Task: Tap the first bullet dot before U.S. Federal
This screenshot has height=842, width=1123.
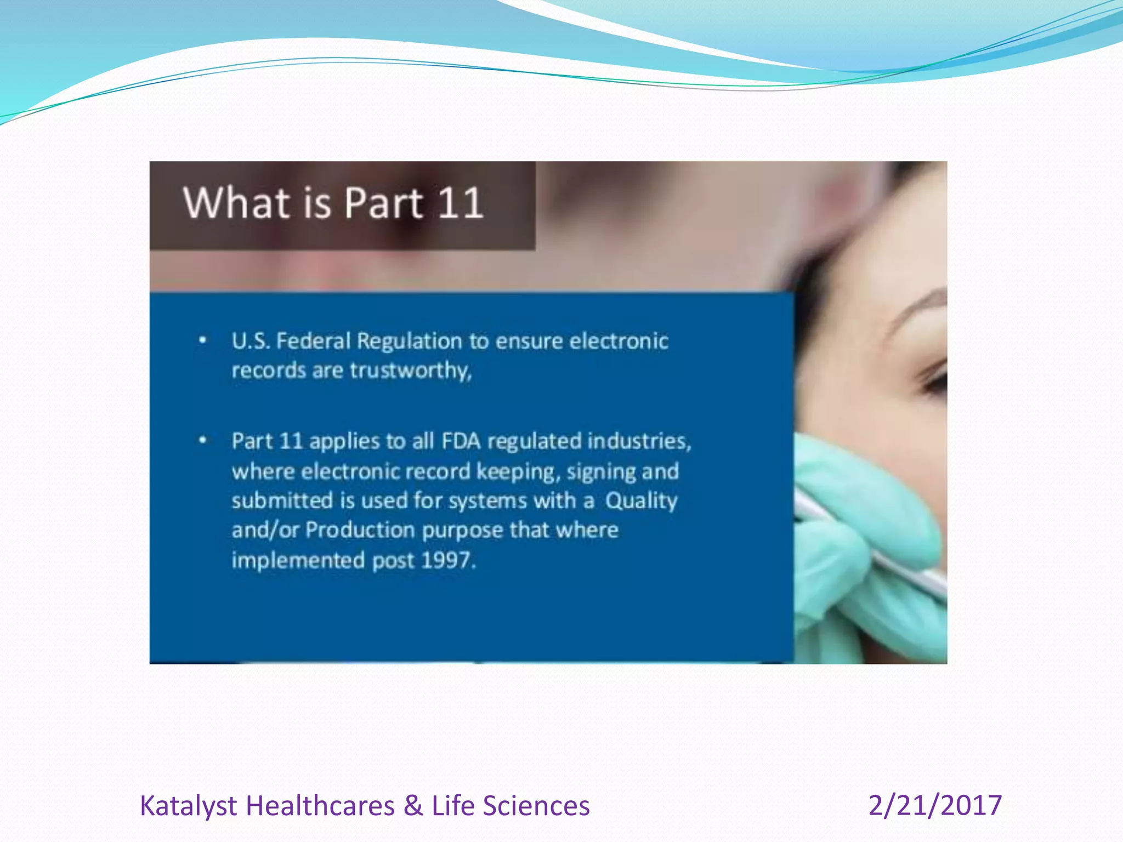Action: coord(203,340)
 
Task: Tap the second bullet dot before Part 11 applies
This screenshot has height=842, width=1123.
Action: coord(203,440)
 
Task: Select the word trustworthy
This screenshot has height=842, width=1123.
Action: coord(410,371)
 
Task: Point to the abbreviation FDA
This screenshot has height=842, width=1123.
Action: coord(461,441)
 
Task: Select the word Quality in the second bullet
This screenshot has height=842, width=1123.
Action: coord(641,501)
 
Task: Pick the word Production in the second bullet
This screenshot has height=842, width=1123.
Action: coord(360,531)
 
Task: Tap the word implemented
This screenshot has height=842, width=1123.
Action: coord(298,561)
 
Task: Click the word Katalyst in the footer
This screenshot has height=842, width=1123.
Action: coord(188,806)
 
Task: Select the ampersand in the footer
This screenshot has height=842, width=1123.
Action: coord(413,806)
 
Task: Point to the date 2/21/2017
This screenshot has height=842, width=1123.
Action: coord(935,806)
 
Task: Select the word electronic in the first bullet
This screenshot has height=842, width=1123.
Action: coord(619,342)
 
